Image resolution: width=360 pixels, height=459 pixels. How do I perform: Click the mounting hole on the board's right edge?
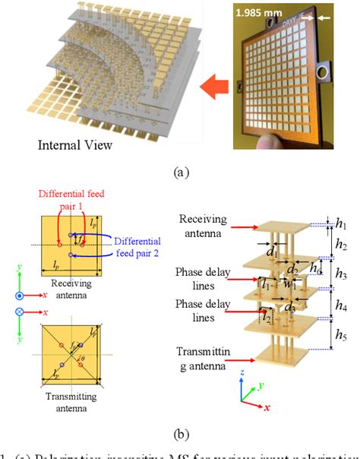click(x=326, y=73)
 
